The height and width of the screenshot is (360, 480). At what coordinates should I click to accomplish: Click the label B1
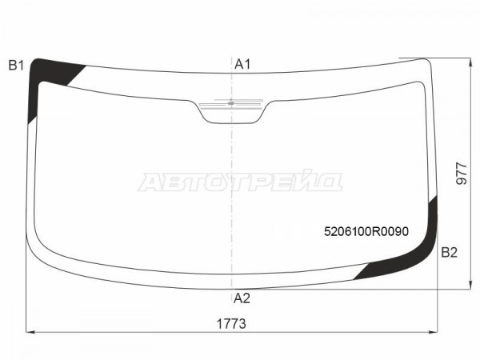click(16, 66)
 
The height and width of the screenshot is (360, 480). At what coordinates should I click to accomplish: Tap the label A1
click(242, 64)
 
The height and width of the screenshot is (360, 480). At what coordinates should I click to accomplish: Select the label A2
click(242, 298)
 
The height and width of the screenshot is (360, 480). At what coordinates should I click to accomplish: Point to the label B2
click(449, 253)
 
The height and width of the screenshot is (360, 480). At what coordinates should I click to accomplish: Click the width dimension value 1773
click(231, 323)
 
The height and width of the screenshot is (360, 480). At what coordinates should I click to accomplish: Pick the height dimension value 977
click(462, 174)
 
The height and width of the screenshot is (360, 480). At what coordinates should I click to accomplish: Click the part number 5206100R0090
click(366, 231)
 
